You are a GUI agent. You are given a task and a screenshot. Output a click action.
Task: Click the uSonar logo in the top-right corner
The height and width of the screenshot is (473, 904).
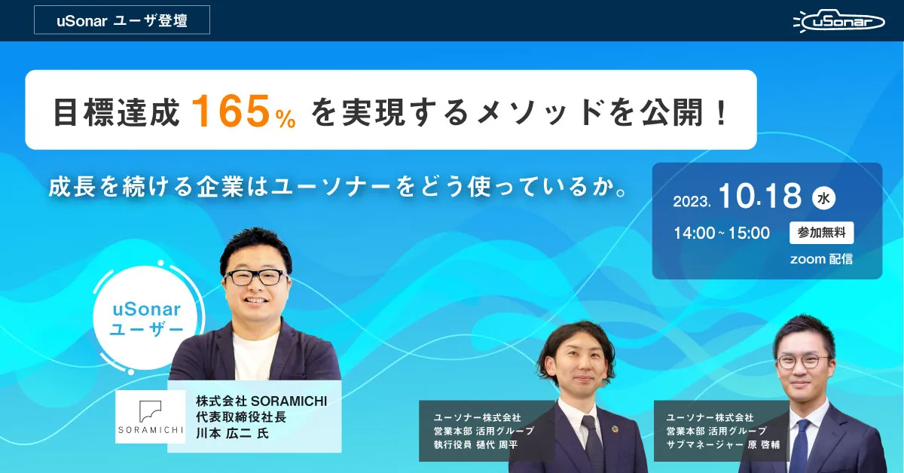pos(838,21)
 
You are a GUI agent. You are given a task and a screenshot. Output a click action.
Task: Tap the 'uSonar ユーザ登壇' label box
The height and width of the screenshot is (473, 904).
pos(122,20)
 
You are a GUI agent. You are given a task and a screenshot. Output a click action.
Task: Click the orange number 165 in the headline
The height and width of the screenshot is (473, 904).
pos(231,111)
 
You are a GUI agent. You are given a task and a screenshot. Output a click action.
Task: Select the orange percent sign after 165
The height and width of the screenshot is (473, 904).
pos(286,119)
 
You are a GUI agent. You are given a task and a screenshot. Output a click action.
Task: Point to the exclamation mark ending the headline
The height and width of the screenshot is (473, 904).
pos(722,111)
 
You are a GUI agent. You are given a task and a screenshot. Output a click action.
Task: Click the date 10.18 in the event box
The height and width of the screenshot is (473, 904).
pos(759,196)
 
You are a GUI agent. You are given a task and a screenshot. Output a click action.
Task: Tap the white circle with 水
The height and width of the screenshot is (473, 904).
pos(823,198)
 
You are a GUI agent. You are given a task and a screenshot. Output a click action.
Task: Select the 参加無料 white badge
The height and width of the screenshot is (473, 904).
pos(821,233)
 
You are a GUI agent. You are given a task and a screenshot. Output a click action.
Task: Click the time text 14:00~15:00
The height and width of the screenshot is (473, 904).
pos(722,233)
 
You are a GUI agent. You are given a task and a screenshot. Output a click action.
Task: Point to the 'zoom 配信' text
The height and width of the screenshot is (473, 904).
pos(821,258)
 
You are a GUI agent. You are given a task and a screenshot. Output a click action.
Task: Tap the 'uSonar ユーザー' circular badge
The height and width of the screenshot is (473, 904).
pos(146,318)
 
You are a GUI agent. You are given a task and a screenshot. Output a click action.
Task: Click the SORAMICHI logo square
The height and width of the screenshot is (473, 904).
pos(150,417)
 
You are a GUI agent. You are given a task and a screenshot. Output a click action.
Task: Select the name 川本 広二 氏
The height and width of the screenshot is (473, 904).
pos(232,433)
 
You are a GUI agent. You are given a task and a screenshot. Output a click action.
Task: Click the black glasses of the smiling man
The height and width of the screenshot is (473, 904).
pos(255,277)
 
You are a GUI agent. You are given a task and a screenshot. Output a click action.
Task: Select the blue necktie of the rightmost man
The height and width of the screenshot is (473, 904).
pos(799,447)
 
